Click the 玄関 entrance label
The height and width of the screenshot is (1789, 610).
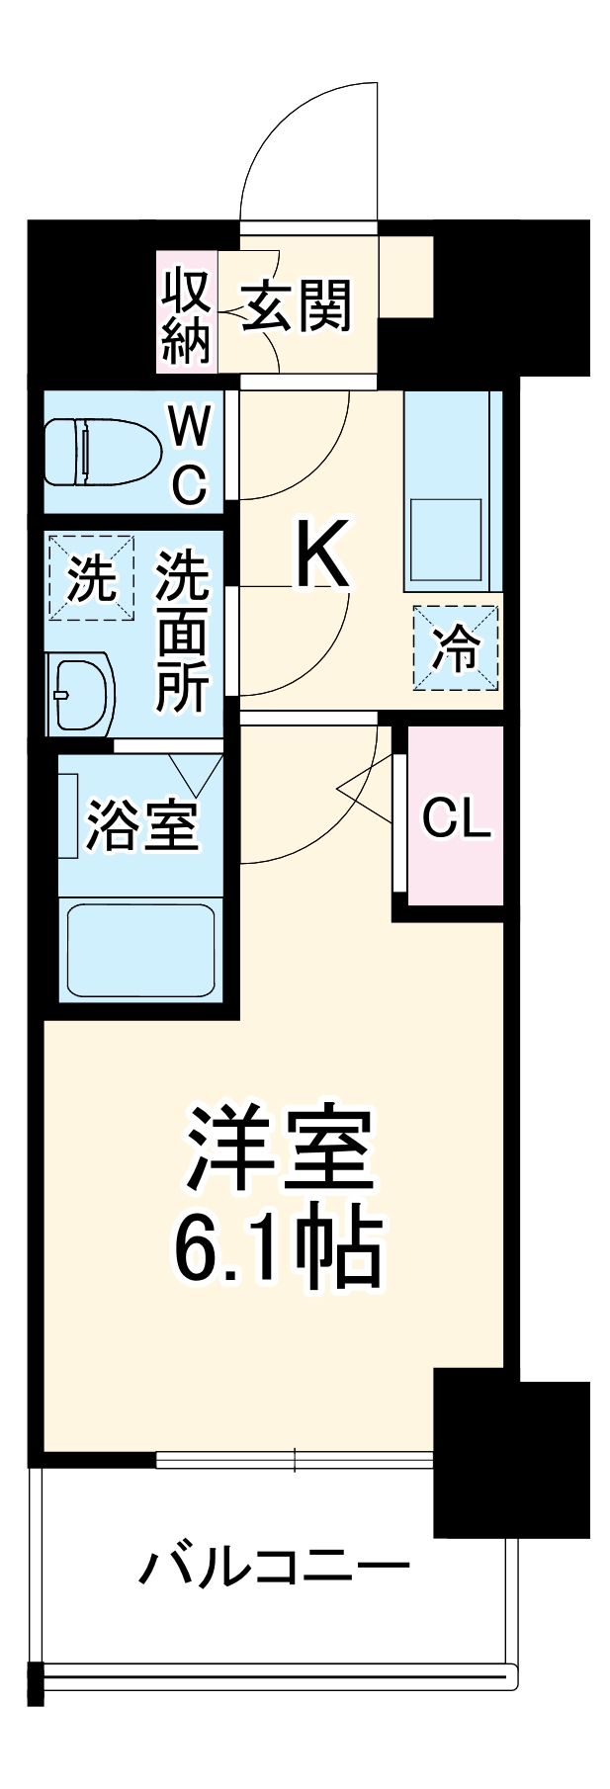297,306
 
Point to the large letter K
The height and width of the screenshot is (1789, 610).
321,554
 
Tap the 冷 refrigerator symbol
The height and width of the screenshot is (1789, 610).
456,648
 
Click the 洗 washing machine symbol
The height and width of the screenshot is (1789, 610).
90,578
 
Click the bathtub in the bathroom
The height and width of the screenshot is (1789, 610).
140,950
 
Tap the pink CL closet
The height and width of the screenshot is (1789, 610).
456,815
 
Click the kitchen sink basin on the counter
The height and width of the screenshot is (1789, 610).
446,539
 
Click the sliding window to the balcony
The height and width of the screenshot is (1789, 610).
295,1459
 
